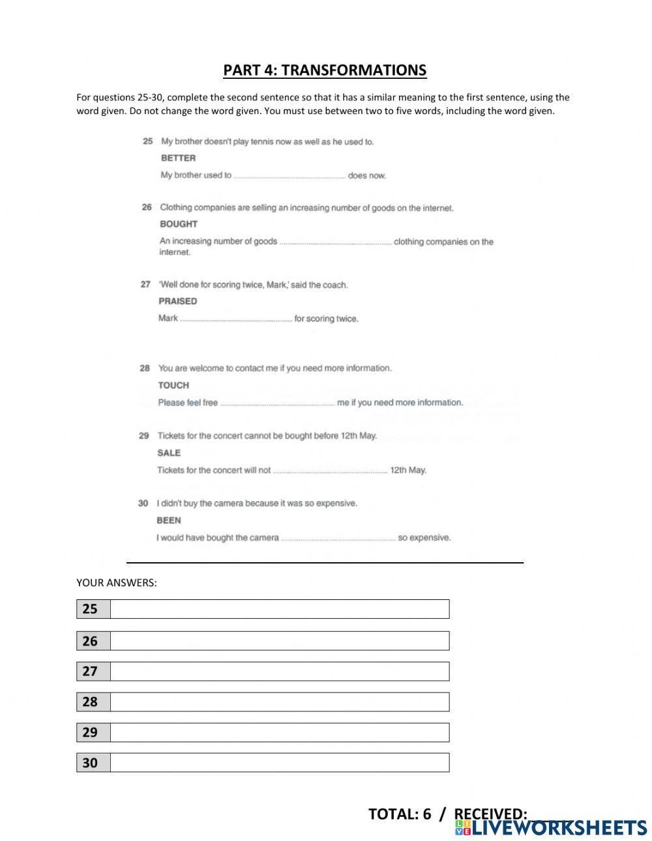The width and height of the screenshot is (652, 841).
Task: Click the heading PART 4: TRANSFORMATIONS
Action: [x=325, y=70]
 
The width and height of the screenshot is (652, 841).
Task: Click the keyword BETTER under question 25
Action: [x=178, y=158]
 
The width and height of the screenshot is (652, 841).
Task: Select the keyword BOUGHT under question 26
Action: [x=178, y=224]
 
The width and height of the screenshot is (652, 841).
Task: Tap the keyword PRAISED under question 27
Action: [x=177, y=302]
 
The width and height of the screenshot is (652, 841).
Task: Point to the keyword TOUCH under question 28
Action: [x=173, y=386]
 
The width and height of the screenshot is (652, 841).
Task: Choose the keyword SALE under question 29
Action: [x=169, y=453]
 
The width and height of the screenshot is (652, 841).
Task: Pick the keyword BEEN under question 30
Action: [x=169, y=520]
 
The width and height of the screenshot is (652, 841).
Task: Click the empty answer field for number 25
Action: [x=279, y=609]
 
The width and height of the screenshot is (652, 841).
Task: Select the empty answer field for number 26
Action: [x=279, y=641]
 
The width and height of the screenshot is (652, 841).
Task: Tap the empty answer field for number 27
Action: [x=279, y=672]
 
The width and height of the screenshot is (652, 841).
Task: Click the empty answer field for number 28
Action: [x=279, y=702]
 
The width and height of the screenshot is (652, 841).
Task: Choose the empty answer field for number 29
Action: [x=279, y=733]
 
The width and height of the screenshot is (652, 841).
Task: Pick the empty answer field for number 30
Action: [x=279, y=763]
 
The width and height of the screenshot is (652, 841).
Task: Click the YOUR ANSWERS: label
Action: [x=117, y=583]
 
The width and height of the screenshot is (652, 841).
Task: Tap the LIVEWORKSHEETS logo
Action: [x=551, y=827]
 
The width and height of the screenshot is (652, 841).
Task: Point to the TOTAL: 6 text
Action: [x=400, y=814]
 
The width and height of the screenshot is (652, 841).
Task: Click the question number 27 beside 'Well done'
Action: [x=145, y=285]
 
